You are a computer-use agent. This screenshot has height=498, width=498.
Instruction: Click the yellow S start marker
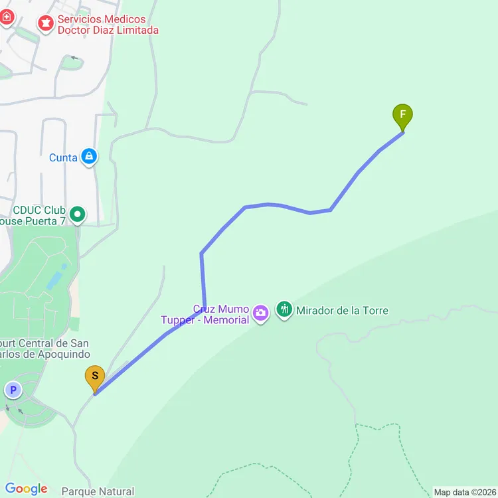pos(95,378)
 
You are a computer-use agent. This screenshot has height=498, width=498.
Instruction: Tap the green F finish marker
pos(402,116)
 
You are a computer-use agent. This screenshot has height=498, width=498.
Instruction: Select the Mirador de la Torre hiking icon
pos(284,310)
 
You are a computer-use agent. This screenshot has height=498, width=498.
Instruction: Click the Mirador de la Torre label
pos(342,311)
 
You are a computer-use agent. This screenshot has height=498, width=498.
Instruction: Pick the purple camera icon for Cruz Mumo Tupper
pos(260,311)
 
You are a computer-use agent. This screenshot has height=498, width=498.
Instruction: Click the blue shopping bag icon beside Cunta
pos(89,157)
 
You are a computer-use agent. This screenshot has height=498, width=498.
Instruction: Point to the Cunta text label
pos(63,158)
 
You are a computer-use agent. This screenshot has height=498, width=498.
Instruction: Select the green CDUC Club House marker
pos(78,214)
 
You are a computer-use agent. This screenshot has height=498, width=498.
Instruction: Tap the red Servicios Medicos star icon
pos(46,25)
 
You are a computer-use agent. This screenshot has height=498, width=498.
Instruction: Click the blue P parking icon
pos(13,389)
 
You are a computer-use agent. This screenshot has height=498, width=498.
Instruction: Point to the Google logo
pos(27,489)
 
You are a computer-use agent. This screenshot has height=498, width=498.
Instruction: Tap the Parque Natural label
pos(98,492)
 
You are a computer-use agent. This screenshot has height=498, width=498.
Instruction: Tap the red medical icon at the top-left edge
pos(5,17)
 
